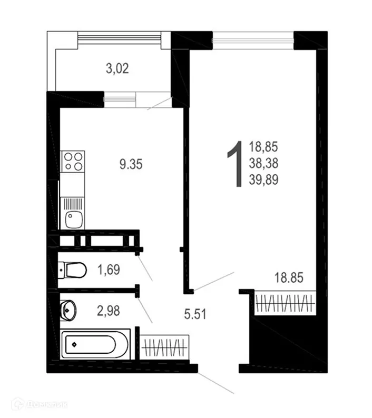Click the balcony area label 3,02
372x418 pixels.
coord(118,68)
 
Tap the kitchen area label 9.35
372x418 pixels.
coord(131,164)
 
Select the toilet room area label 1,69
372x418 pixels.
coord(109,271)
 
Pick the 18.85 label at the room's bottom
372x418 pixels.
coord(289,278)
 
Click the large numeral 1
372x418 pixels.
coord(234,164)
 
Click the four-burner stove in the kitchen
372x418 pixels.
coord(73,161)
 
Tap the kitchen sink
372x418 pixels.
coord(72,218)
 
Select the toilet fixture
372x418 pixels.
coord(72,271)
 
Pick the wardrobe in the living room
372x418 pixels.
coord(285,303)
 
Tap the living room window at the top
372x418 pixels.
coord(253,38)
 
